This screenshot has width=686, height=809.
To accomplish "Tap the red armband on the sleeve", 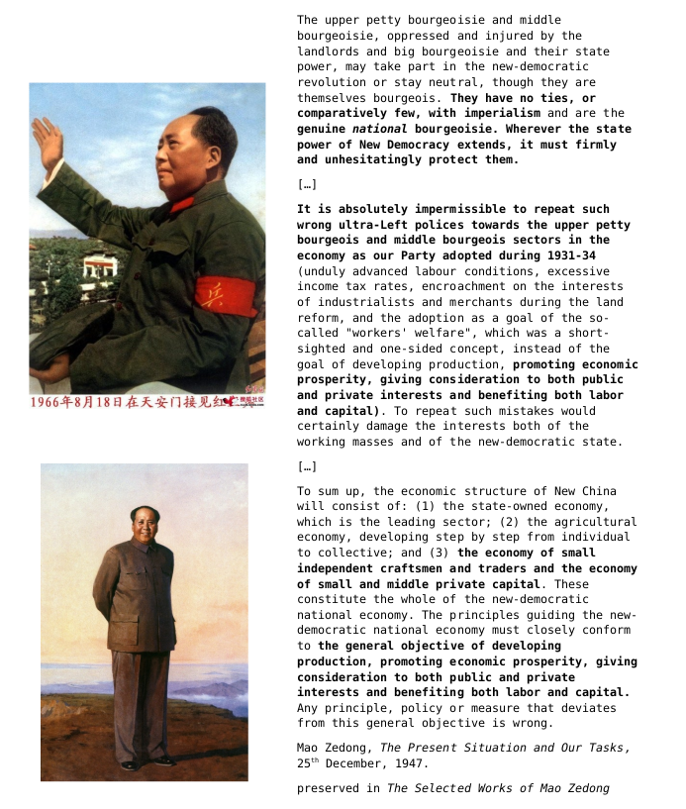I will [225, 296].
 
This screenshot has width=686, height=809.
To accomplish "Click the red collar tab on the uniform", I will [181, 205].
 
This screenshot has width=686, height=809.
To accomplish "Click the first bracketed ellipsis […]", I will [307, 184].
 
